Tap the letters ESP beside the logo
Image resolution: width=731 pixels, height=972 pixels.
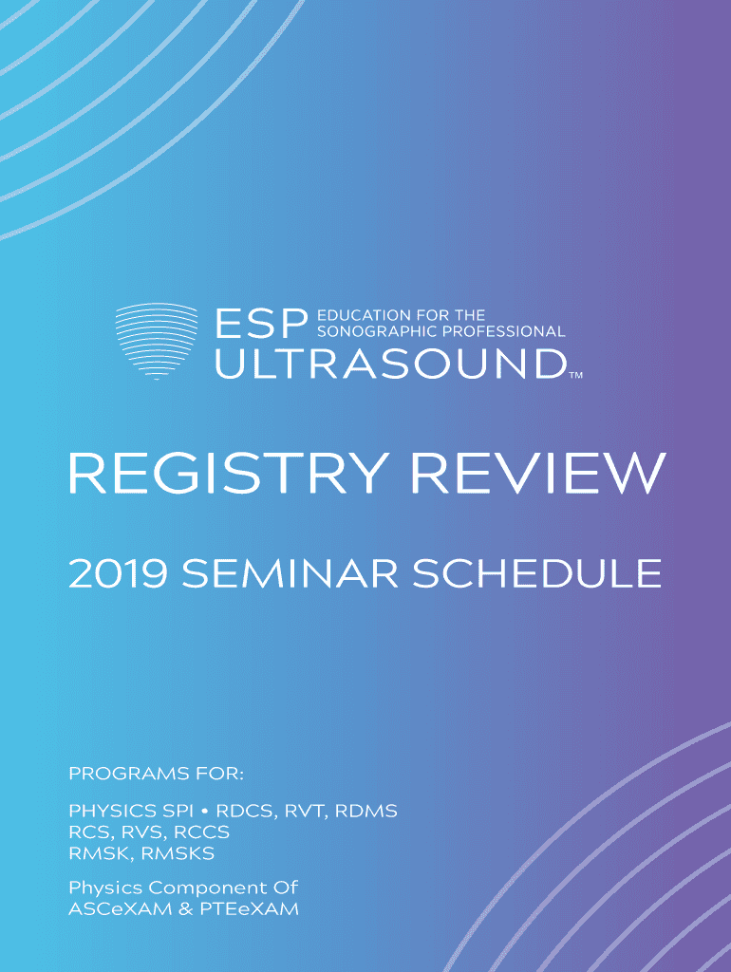coord(262,325)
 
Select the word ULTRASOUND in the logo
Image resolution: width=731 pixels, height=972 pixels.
coord(390,364)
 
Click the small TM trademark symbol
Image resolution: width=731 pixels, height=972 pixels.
coord(576,375)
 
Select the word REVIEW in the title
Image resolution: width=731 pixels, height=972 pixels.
coord(539,473)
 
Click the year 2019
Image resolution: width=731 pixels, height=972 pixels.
coord(118,574)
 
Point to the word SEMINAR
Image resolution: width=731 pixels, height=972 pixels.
coord(290,574)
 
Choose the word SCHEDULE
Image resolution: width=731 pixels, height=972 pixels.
coord(537,574)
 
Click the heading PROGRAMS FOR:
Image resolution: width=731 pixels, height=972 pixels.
coord(157,774)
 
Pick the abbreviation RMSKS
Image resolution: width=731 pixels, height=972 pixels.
coord(178,853)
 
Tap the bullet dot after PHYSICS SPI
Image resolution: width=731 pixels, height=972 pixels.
coord(205,812)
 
